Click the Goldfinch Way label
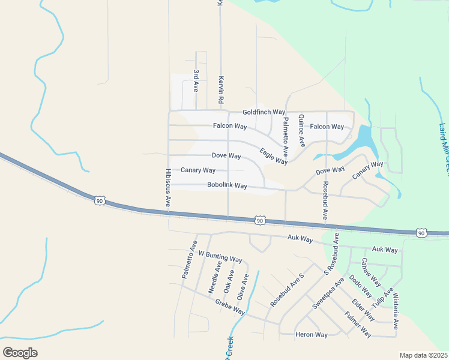click(x=264, y=112)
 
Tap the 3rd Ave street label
click(x=196, y=80)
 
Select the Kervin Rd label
click(x=221, y=88)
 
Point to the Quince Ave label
click(x=301, y=131)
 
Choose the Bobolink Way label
click(x=227, y=186)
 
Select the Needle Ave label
click(x=215, y=277)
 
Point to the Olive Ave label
click(x=243, y=287)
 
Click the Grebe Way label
click(x=231, y=307)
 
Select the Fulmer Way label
click(x=358, y=323)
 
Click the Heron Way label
click(x=312, y=335)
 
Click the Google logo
click(x=20, y=353)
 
